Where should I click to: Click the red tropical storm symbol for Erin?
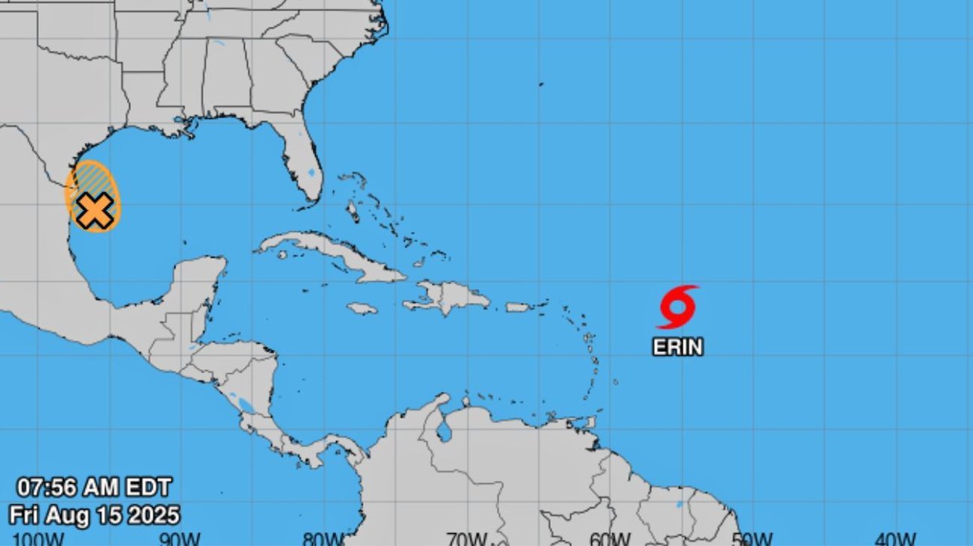coord(678,307)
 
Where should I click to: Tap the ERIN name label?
coord(678,347)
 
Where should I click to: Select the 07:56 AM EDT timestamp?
coord(94,488)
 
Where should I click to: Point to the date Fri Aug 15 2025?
coord(94,515)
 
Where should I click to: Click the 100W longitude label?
coord(37,539)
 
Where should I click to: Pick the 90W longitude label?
coord(180,539)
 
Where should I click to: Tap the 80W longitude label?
coord(323,539)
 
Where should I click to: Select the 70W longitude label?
coord(466,539)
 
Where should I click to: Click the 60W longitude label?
coord(609,539)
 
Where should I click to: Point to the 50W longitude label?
coord(752,539)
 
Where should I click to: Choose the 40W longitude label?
coord(895,539)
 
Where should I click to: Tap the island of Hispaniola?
coord(449,297)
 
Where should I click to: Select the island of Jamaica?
coord(362,308)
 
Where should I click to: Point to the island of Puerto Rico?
coord(518,307)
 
